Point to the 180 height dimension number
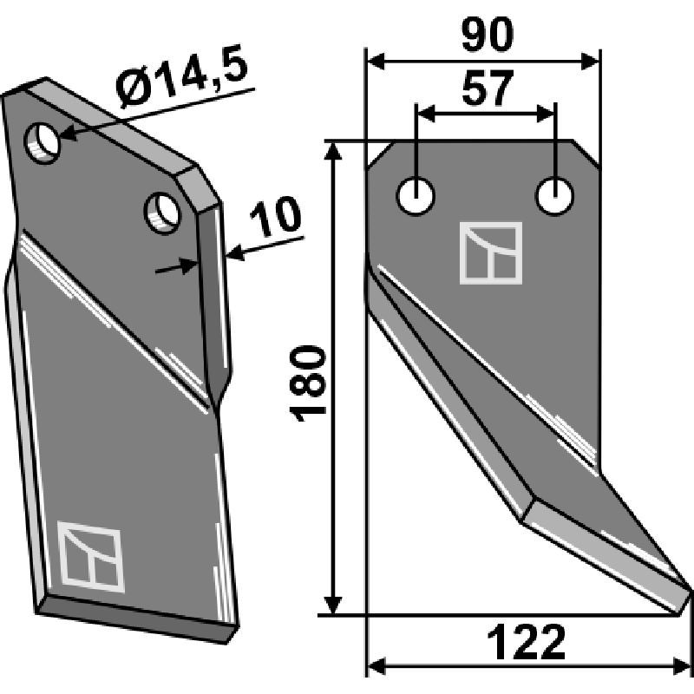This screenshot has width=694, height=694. point(310,383)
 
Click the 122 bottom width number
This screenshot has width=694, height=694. point(527,644)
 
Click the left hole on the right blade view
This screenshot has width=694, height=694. point(416,195)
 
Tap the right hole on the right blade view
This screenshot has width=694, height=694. point(554,195)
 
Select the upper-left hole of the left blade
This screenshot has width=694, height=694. point(43,142)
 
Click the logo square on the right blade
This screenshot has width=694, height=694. point(491,253)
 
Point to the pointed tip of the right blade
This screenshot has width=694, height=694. point(689,593)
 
